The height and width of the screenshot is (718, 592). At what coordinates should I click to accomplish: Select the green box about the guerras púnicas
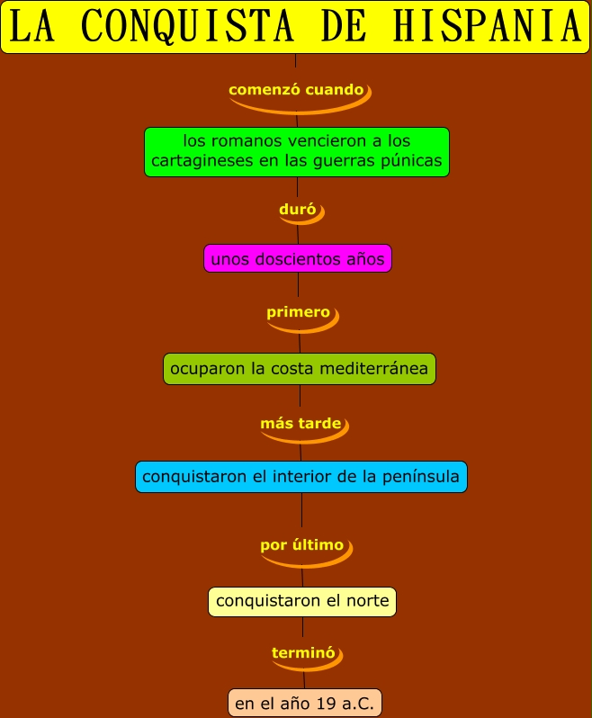(x=297, y=151)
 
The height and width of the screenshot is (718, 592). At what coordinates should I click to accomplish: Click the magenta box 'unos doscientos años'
(x=298, y=259)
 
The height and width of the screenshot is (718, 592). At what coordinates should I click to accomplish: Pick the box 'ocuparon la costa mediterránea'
(x=299, y=369)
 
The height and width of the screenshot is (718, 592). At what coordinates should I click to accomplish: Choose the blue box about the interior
(x=301, y=476)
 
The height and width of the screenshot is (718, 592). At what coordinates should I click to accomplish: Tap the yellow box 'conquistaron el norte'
(x=302, y=601)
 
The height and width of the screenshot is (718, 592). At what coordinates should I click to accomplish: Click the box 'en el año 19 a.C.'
(x=304, y=702)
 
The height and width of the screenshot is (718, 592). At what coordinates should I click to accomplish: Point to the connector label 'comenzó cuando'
(x=296, y=90)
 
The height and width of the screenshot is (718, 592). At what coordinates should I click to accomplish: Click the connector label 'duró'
(x=298, y=210)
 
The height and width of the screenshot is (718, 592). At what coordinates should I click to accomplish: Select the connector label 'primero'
(x=298, y=312)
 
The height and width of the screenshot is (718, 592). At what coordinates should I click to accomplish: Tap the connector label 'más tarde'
(x=300, y=423)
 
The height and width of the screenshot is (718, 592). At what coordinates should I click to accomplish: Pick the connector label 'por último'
(x=302, y=544)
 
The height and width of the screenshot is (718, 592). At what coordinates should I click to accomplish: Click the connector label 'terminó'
(x=303, y=652)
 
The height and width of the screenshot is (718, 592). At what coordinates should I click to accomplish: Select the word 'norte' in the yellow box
(x=367, y=601)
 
